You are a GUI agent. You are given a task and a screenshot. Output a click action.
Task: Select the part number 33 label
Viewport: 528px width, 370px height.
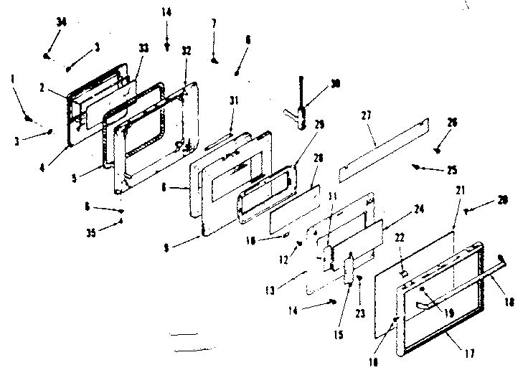(143, 48)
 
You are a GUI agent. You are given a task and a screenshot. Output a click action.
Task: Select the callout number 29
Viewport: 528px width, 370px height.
(319, 124)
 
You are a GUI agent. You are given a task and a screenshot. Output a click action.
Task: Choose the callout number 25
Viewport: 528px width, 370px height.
(453, 171)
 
